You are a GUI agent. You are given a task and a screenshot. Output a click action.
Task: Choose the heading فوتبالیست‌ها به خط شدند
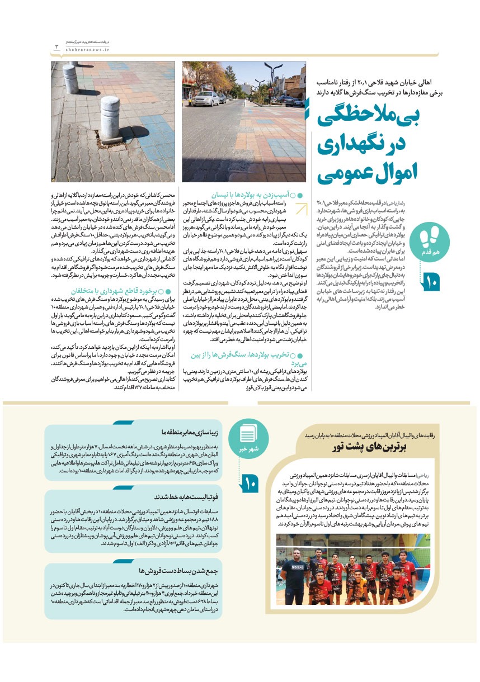coord(183,497)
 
